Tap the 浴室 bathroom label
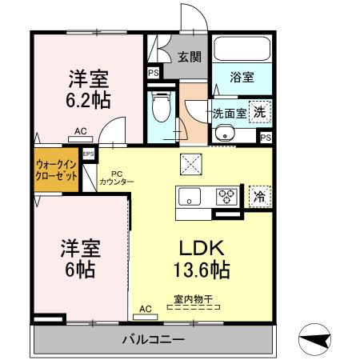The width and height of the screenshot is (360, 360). pos(243,78)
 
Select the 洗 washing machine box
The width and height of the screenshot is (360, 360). pos(258,113)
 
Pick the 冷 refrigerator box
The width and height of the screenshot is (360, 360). pos(258,195)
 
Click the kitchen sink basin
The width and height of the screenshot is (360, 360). pos(191,196)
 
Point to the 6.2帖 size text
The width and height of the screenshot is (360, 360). pos(88,101)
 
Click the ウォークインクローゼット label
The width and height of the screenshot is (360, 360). pos(56,170)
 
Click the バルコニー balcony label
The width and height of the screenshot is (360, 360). pos(154,339)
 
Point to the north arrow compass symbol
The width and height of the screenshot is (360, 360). pos(316,339)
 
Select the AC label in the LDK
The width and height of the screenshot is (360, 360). pos(146,307)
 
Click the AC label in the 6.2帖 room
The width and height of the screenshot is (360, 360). pos(80,130)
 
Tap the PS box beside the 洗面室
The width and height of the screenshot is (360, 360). pos(264,137)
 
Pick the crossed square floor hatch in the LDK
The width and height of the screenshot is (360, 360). pos(193,165)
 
